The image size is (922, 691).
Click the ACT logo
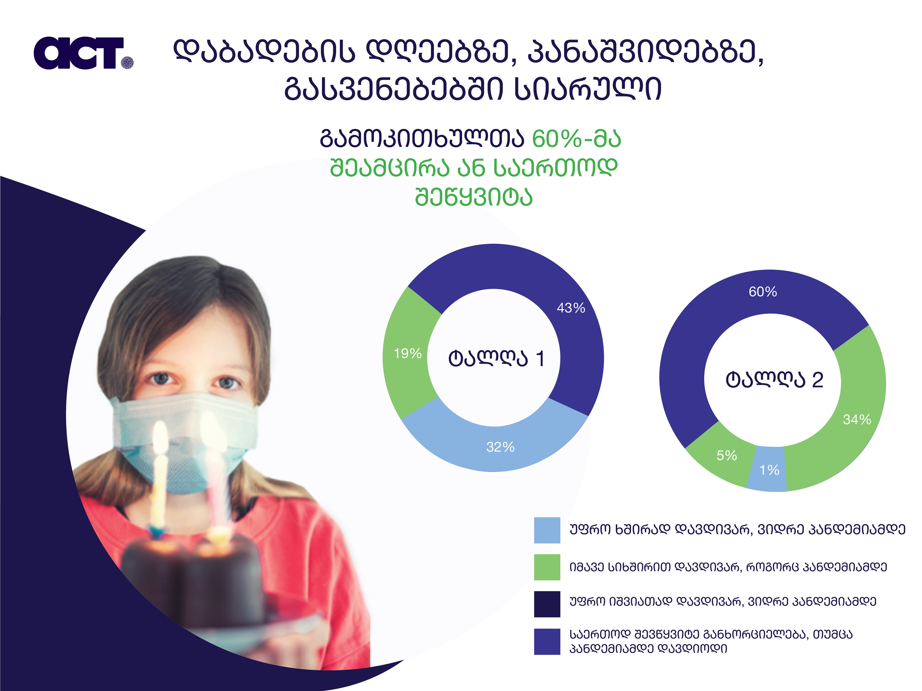(83, 53)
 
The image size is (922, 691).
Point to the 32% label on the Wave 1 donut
(500, 447)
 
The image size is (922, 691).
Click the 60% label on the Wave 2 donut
(763, 292)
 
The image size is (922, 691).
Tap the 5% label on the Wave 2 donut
(727, 455)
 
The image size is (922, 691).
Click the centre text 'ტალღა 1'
(496, 358)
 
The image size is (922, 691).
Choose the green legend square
(547, 567)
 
